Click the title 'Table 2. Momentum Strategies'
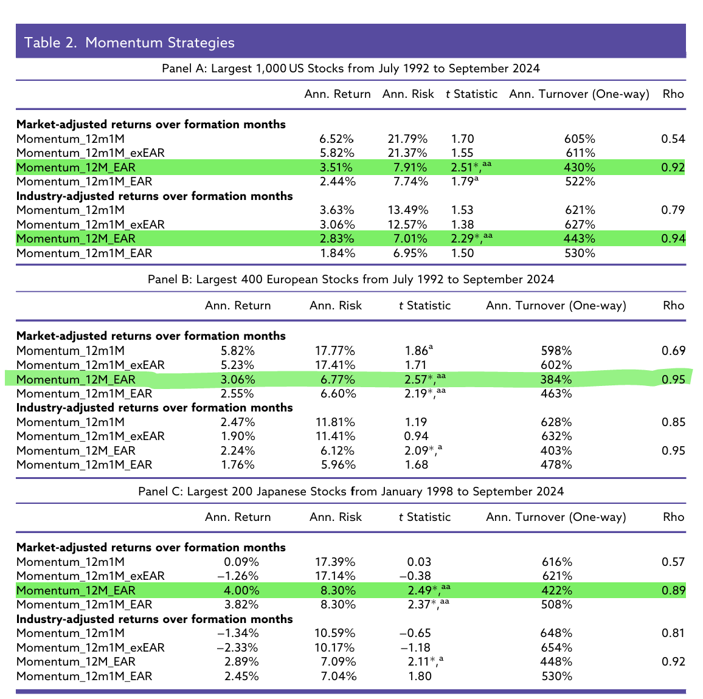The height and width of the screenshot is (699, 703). (x=129, y=43)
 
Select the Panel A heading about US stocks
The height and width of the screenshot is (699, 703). (x=351, y=69)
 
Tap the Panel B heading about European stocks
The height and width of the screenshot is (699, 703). (x=351, y=280)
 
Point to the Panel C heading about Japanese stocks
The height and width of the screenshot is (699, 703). (x=351, y=491)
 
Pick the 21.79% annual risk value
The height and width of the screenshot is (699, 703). (x=407, y=139)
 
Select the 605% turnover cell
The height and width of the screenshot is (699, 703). (x=580, y=139)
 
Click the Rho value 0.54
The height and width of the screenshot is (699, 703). (x=673, y=139)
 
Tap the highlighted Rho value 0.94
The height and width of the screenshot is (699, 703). (x=673, y=239)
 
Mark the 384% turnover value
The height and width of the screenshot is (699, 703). (x=556, y=379)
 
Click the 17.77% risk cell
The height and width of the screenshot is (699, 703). (x=335, y=351)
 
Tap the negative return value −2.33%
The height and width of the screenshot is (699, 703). (x=238, y=647)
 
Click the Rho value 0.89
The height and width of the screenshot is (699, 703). (x=673, y=590)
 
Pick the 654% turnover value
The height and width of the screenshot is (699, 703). (x=556, y=647)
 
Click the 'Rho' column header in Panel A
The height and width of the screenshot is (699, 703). (x=673, y=94)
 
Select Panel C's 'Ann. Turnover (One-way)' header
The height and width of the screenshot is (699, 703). (x=556, y=517)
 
